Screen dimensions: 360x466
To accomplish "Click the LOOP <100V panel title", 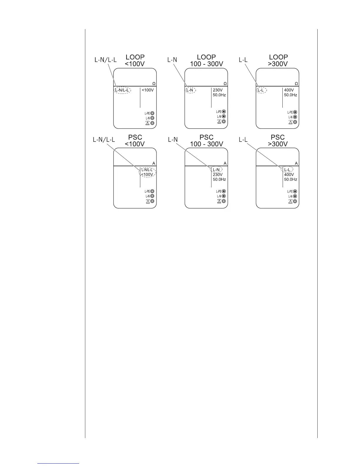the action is pos(135,60).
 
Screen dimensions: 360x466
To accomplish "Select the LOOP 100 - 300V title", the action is pos(206,60).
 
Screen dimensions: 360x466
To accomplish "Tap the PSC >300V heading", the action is pos(278,141).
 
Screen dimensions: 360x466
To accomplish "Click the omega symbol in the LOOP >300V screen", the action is pos(296,84).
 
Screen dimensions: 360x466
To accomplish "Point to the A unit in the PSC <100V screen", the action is pos(154,163).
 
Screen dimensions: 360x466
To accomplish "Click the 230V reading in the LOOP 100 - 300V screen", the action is pos(218,90).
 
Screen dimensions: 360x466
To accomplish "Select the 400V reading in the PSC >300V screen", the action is pos(289,174).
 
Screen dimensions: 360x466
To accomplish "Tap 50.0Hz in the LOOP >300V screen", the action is pos(290,95).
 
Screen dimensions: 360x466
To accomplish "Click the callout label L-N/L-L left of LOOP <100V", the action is pos(105,60).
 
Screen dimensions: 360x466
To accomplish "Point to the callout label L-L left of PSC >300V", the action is pos(243,140).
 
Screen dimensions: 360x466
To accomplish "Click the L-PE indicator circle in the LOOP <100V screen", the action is pos(152,113).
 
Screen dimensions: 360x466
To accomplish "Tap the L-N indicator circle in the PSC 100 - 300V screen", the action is pos(224,196).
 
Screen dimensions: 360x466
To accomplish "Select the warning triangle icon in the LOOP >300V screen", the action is pos(290,122).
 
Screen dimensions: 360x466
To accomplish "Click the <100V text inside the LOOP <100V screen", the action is pos(148,90).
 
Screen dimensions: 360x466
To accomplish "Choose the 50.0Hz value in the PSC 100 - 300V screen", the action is pos(219,179).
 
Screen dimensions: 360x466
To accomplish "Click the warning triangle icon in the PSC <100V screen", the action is pos(148,201).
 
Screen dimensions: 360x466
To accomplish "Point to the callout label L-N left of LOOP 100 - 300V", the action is pos(172,60).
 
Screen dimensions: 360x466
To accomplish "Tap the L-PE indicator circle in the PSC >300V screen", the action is pos(295,192).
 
